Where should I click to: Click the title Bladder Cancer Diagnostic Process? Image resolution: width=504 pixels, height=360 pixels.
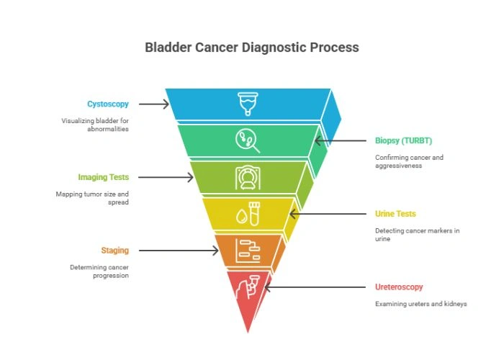coord(252,48)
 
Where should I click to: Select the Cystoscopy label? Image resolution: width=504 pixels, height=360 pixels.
coord(108,104)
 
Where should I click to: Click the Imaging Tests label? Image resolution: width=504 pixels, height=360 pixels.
coord(104,177)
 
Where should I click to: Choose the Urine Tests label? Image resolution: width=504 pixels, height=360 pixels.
coord(395,214)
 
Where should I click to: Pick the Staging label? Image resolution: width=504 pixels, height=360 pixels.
coord(115,251)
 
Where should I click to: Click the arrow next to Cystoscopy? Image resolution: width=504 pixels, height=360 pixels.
coord(154,104)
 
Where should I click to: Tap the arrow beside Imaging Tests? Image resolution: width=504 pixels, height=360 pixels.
coord(166,177)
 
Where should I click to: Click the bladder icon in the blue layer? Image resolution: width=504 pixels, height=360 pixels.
coord(248,103)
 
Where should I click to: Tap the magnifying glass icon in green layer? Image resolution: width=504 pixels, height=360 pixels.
coord(248,140)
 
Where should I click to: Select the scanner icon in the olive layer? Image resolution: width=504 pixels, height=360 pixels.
coord(248,177)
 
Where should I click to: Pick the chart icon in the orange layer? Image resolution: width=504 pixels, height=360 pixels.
coord(248,250)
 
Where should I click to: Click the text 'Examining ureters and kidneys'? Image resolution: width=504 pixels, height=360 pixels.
coord(420,304)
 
